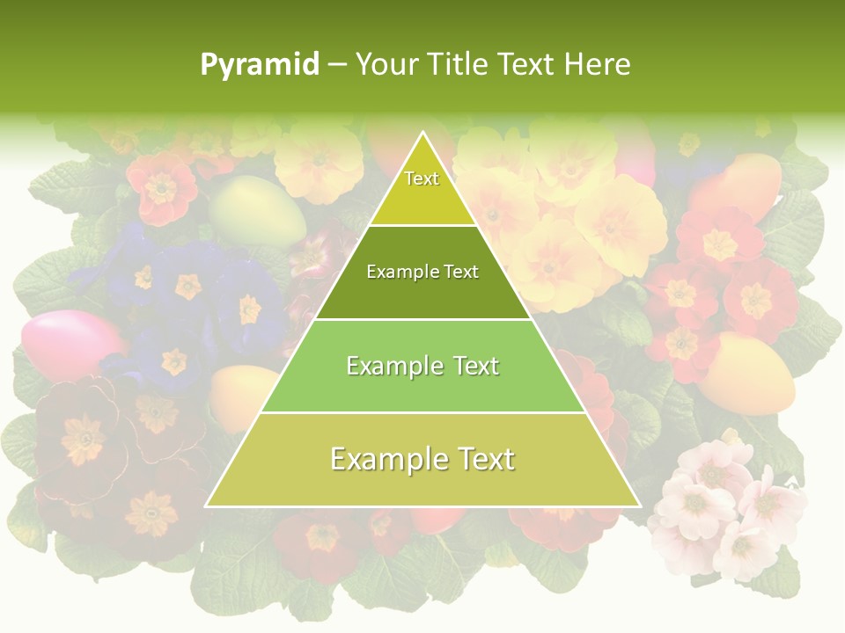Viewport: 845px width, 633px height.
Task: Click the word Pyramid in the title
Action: (259, 65)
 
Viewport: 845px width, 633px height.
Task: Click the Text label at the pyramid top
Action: (422, 178)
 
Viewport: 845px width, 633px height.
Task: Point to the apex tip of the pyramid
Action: (423, 133)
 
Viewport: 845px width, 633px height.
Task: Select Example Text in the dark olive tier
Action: (422, 272)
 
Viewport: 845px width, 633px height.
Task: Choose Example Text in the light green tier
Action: (422, 366)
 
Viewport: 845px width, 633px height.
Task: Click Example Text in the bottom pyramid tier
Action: (422, 459)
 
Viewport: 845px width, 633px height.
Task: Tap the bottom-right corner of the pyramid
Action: (639, 506)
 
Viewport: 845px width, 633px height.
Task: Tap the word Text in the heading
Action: (526, 65)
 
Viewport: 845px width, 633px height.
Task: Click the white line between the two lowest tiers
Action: (422, 412)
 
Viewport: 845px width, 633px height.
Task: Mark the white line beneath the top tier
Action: (422, 225)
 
